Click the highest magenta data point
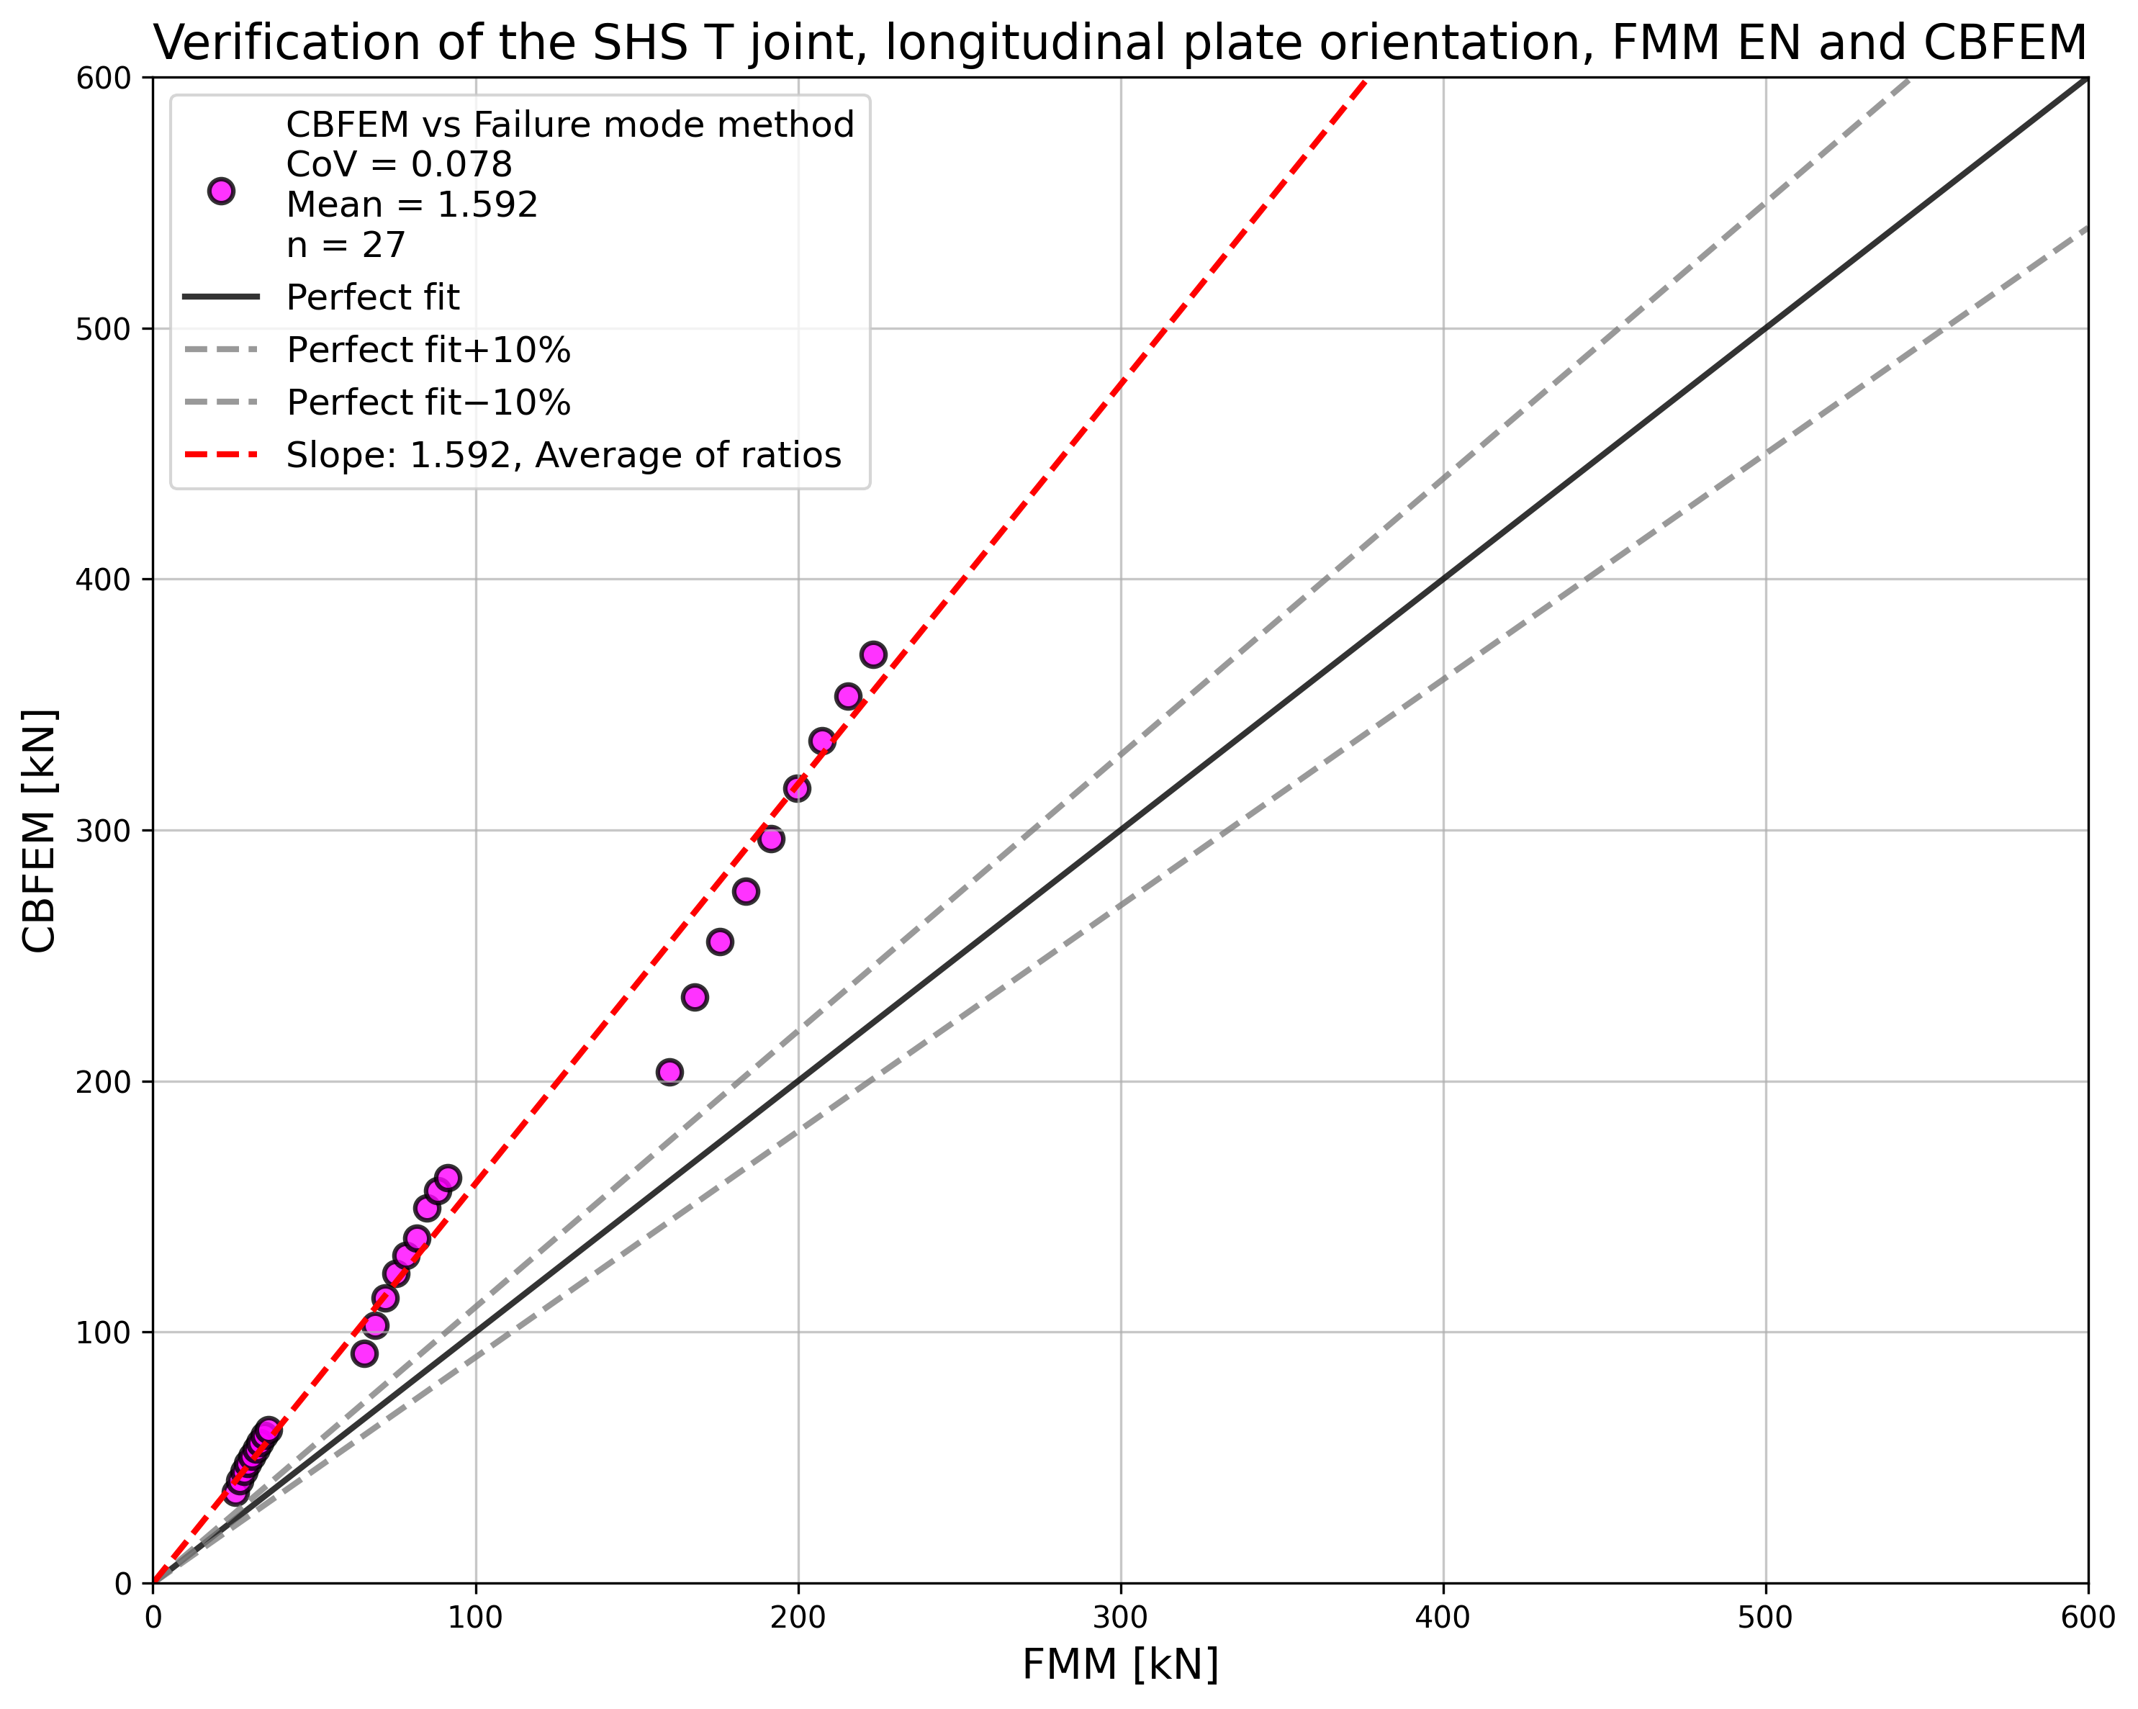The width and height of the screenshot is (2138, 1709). point(872,654)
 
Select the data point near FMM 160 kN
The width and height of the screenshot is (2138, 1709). point(669,1072)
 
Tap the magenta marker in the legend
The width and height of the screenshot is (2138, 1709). point(221,191)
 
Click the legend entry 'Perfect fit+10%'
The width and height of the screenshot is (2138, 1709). point(428,350)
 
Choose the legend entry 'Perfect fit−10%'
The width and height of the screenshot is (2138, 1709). point(428,402)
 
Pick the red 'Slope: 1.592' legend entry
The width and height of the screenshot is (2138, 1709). point(562,455)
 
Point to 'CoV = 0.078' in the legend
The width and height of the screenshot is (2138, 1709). point(399,165)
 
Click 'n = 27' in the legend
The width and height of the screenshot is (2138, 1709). point(346,245)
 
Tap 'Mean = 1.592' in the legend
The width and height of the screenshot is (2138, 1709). point(412,204)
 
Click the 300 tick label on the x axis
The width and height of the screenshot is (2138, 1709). point(1121,1618)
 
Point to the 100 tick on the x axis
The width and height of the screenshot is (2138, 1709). point(475,1618)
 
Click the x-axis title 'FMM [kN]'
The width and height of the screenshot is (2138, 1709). point(1119,1665)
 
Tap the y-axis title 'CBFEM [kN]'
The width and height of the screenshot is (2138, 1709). point(40,831)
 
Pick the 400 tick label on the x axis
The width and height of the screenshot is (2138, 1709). point(1443,1618)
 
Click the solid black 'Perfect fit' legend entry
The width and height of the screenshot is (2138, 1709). point(372,297)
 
